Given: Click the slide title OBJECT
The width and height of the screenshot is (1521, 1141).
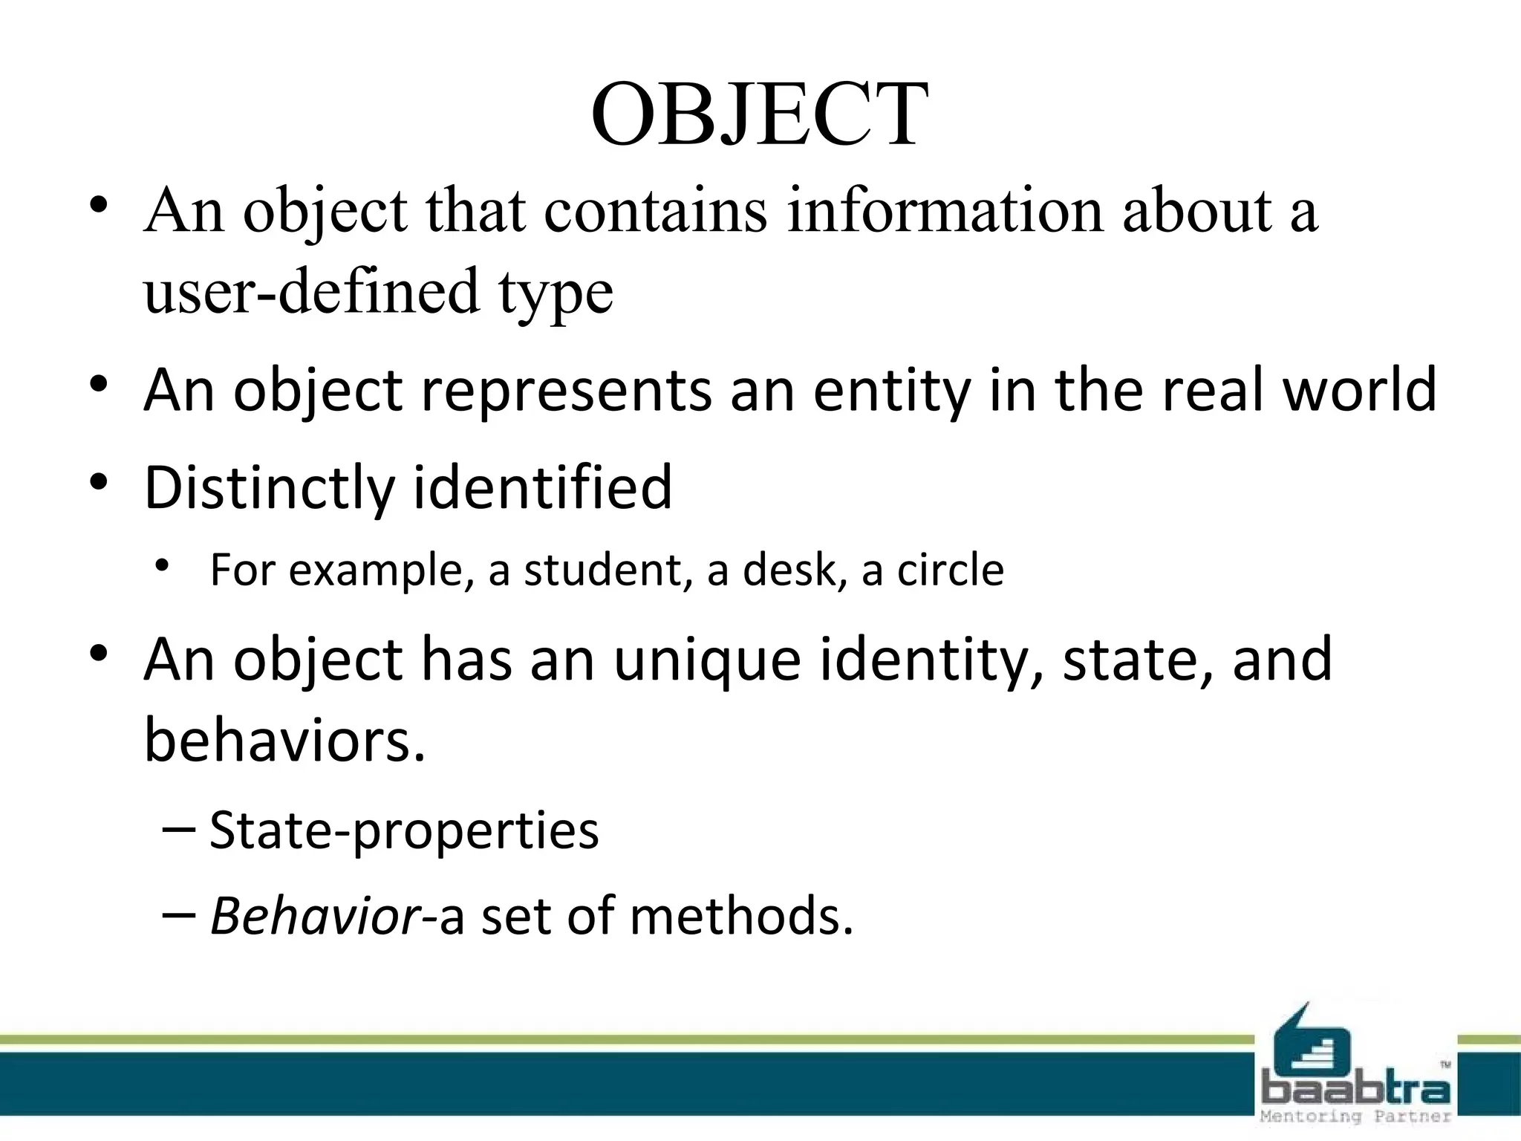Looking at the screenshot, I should pyautogui.click(x=759, y=116).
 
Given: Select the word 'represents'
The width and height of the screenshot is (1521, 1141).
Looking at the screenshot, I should pyautogui.click(x=566, y=389).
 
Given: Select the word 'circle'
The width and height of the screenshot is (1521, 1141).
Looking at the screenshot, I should pyautogui.click(x=951, y=570).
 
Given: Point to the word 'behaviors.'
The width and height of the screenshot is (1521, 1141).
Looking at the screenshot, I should pyautogui.click(x=285, y=740).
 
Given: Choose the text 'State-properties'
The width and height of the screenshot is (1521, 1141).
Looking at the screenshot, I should pyautogui.click(x=404, y=830).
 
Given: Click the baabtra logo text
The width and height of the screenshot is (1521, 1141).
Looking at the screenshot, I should pyautogui.click(x=1356, y=1091).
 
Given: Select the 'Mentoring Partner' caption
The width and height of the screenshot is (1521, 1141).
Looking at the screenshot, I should pyautogui.click(x=1356, y=1116).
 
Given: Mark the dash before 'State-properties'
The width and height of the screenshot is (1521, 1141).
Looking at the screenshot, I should pyautogui.click(x=178, y=828).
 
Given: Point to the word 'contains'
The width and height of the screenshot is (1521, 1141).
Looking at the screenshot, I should pyautogui.click(x=655, y=211).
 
